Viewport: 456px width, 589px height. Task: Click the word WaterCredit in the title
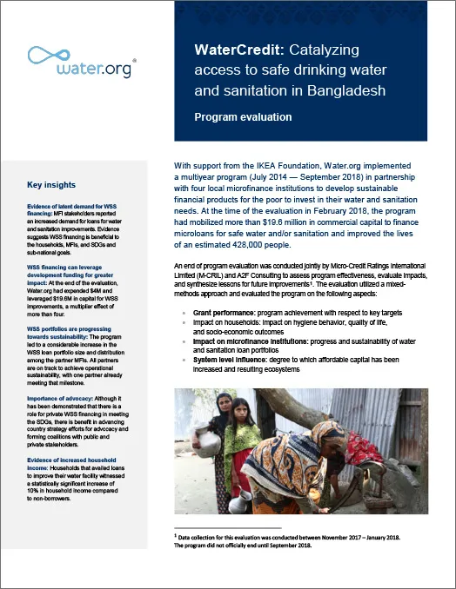[x=229, y=50]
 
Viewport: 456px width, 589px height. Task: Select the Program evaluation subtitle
[x=243, y=116]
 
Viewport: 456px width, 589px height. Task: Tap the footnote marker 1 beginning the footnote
[x=177, y=536]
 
